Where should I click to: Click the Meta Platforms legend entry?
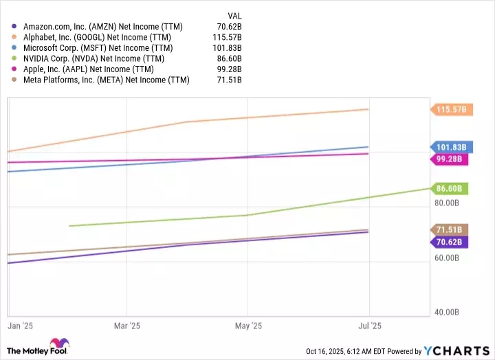coord(104,80)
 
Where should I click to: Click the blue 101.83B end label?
coord(451,147)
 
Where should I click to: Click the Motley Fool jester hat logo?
coord(56,346)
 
